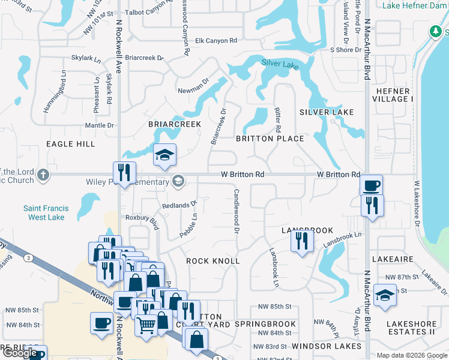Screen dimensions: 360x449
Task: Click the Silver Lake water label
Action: coord(280,64)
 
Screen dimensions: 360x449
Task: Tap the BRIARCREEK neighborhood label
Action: coord(175,124)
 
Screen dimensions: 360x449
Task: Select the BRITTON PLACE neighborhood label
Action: coord(270,139)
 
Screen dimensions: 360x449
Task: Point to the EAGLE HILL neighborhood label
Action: coord(70,144)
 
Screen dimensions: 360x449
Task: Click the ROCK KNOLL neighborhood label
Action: coord(213,261)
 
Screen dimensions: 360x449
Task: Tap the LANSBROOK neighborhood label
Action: coord(307,230)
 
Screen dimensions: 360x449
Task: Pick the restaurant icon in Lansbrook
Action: coord(301,241)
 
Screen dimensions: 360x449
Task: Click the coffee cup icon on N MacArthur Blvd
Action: coord(372,185)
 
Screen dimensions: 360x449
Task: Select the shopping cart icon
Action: coord(146,326)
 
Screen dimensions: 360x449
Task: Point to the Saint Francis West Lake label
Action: coord(46,212)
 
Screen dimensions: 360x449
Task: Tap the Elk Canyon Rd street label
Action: coord(216,41)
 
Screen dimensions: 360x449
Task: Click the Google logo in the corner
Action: coord(20,353)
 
